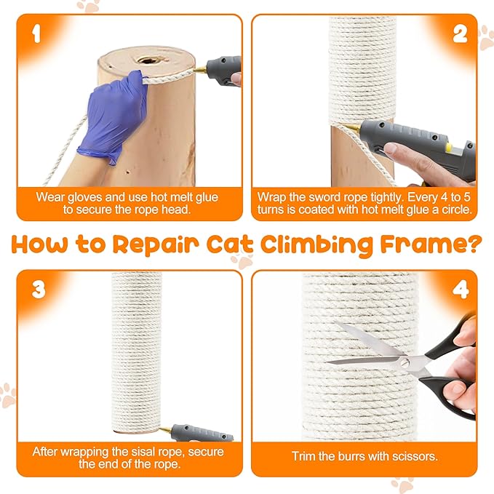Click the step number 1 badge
click(37, 34)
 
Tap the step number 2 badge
click(460, 34)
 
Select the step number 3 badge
click(39, 290)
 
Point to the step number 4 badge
click(461, 290)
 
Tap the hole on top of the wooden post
click(148, 60)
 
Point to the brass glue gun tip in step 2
click(353, 128)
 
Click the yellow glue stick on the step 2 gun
click(449, 146)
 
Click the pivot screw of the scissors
click(404, 363)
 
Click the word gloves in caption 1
click(85, 198)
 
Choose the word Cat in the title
click(230, 244)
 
